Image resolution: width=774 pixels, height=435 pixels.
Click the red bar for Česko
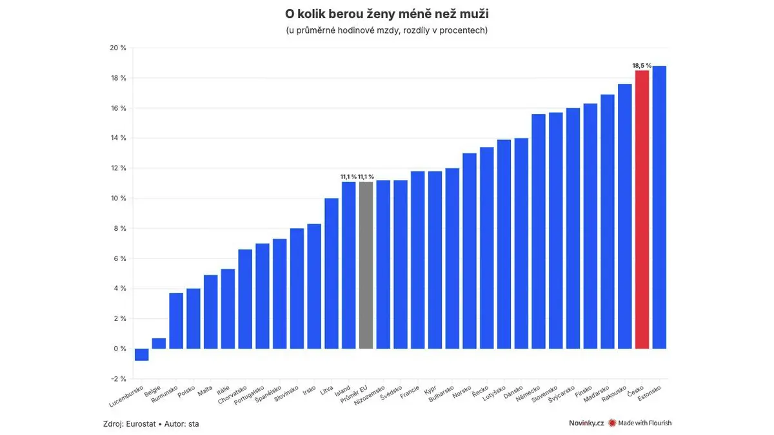pos(642,209)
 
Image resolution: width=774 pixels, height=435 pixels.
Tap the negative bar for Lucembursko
pos(141,354)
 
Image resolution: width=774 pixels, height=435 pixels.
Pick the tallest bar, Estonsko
pos(659,207)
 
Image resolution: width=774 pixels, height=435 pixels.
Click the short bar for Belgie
pos(159,343)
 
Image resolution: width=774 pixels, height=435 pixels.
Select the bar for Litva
pos(332,273)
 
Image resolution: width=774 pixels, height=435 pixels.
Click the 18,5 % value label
pos(642,66)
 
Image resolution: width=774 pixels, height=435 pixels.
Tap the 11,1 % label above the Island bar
pos(348,177)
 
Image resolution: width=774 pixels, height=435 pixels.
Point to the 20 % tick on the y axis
pos(118,48)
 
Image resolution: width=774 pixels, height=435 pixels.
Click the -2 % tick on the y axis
pos(118,379)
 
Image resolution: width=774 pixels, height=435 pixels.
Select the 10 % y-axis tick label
pos(118,198)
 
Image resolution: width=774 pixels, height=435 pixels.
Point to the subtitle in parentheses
pos(387,30)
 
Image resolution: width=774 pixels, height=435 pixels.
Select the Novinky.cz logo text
pos(581,423)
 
